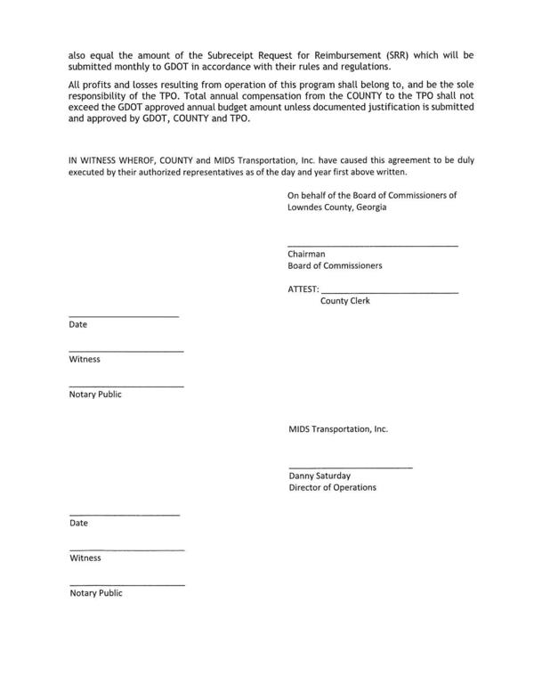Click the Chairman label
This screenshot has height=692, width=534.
click(306, 254)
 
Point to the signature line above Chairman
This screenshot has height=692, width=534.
click(372, 245)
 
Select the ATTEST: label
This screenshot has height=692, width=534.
click(303, 289)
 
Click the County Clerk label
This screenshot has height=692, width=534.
click(344, 301)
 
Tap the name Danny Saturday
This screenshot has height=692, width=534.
click(320, 476)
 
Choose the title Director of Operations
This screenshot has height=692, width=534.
click(332, 487)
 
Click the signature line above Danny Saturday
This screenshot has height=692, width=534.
click(350, 468)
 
